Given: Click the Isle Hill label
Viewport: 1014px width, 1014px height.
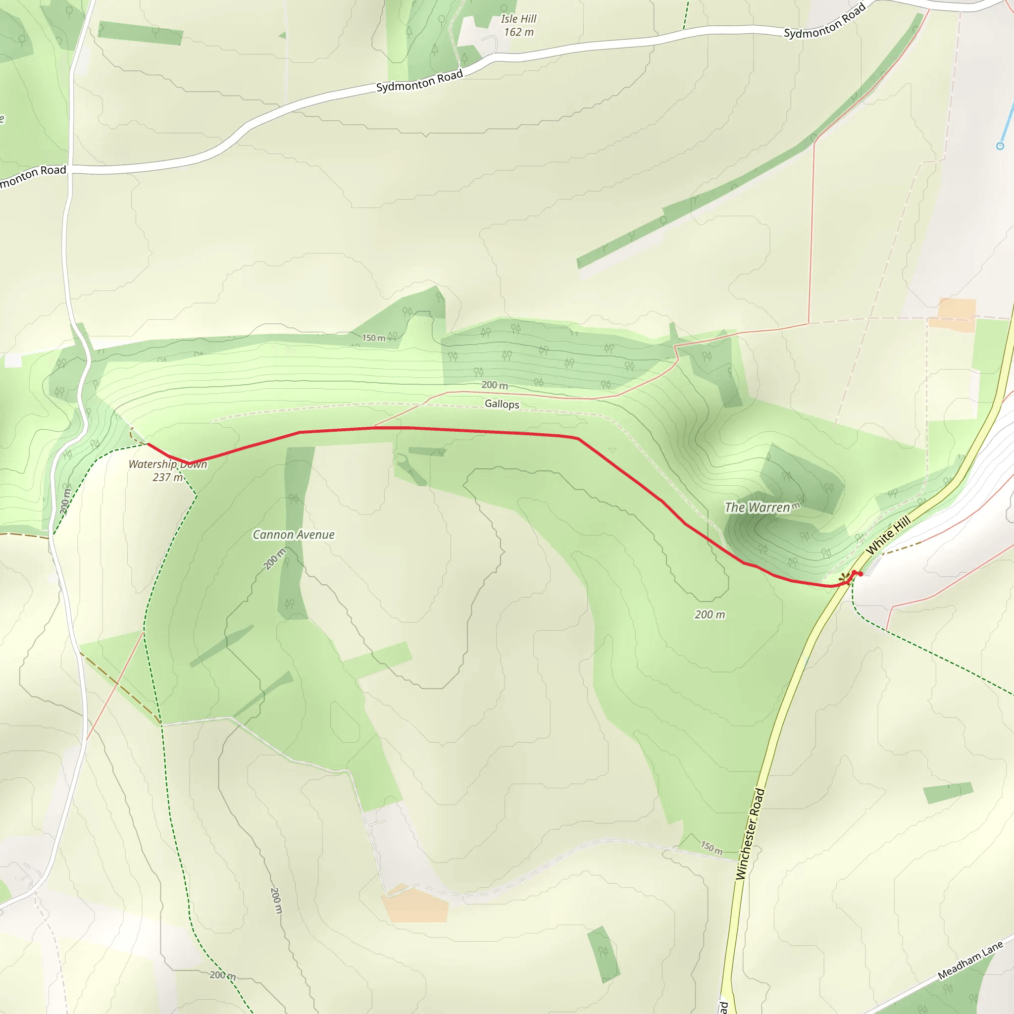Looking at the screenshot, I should [518, 19].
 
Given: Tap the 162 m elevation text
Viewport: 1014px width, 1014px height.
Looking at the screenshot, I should [518, 33].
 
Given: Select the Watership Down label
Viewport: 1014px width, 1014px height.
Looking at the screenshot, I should [168, 464].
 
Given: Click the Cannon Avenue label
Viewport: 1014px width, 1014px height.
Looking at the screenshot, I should [294, 535].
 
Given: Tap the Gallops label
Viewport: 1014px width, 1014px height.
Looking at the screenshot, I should [502, 404].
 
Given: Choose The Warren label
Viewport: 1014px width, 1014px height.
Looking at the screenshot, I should [758, 507].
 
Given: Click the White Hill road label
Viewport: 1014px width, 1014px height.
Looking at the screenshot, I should [888, 535].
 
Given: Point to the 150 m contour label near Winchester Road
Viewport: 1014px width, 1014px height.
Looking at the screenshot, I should [711, 847].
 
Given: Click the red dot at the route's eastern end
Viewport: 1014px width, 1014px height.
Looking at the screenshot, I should [861, 574].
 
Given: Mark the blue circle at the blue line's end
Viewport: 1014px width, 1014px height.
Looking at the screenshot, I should [1000, 146].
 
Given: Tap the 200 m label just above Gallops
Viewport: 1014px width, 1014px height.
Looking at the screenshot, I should [495, 385].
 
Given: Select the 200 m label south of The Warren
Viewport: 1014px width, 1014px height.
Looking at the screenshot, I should [710, 614].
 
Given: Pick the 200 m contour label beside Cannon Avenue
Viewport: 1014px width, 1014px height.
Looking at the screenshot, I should [274, 559].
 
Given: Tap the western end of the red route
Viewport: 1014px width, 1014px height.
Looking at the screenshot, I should [149, 445].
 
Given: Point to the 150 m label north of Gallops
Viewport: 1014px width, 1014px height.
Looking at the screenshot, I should [374, 338].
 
